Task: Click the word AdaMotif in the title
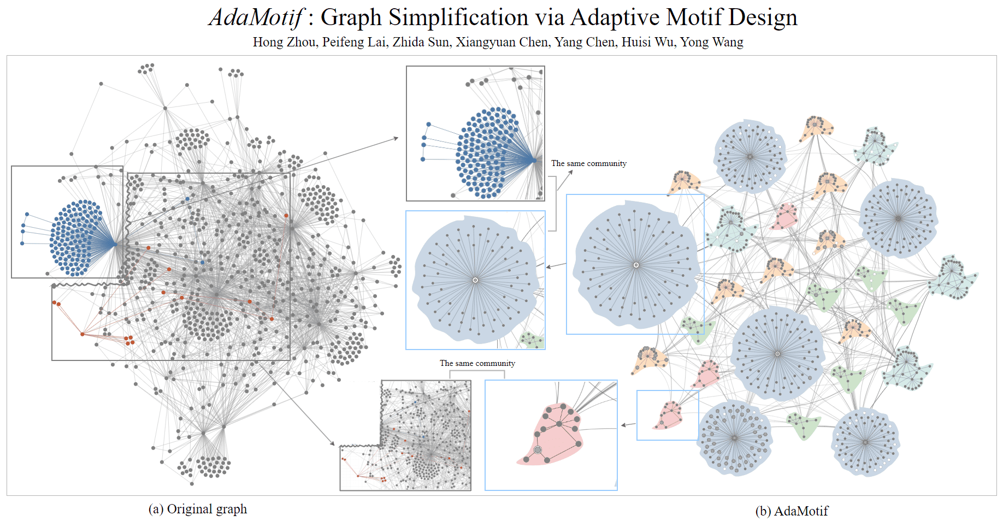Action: pyautogui.click(x=255, y=17)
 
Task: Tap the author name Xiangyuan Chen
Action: pyautogui.click(x=502, y=42)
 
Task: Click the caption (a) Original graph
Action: pyautogui.click(x=198, y=509)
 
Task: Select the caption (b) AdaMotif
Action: pyautogui.click(x=792, y=511)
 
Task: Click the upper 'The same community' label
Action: pyautogui.click(x=588, y=163)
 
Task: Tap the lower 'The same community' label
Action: pyautogui.click(x=477, y=363)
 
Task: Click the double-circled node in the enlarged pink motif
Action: pyautogui.click(x=538, y=450)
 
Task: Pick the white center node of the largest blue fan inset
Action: pyautogui.click(x=636, y=265)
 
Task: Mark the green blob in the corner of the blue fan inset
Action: pyautogui.click(x=531, y=339)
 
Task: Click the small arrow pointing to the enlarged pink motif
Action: pyautogui.click(x=628, y=424)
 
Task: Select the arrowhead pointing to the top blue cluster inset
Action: pyautogui.click(x=396, y=139)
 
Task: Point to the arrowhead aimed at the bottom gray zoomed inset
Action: pyautogui.click(x=332, y=443)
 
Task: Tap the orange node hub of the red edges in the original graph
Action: pyautogui.click(x=82, y=334)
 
